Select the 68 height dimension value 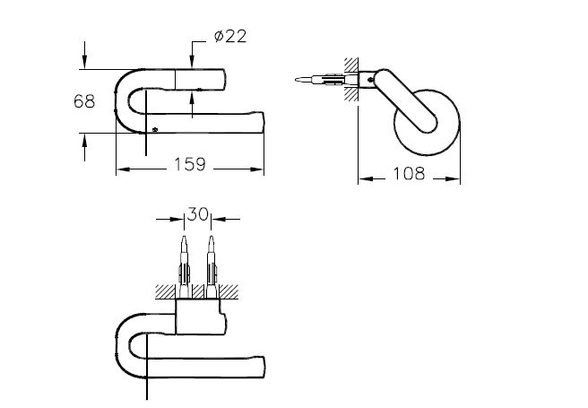pyautogui.click(x=84, y=101)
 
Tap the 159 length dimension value pyautogui.click(x=190, y=165)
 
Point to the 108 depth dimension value pyautogui.click(x=409, y=174)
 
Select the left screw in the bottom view pyautogui.click(x=184, y=260)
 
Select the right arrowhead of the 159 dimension pyautogui.click(x=261, y=168)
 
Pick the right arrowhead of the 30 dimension pyautogui.click(x=219, y=217)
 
